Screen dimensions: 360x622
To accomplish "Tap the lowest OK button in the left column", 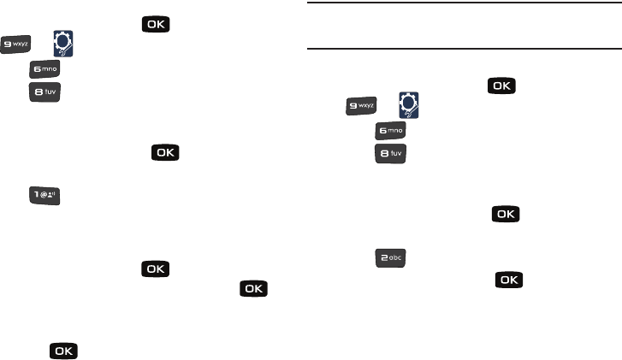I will click(63, 351).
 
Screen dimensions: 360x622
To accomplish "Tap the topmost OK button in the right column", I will click(502, 86).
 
